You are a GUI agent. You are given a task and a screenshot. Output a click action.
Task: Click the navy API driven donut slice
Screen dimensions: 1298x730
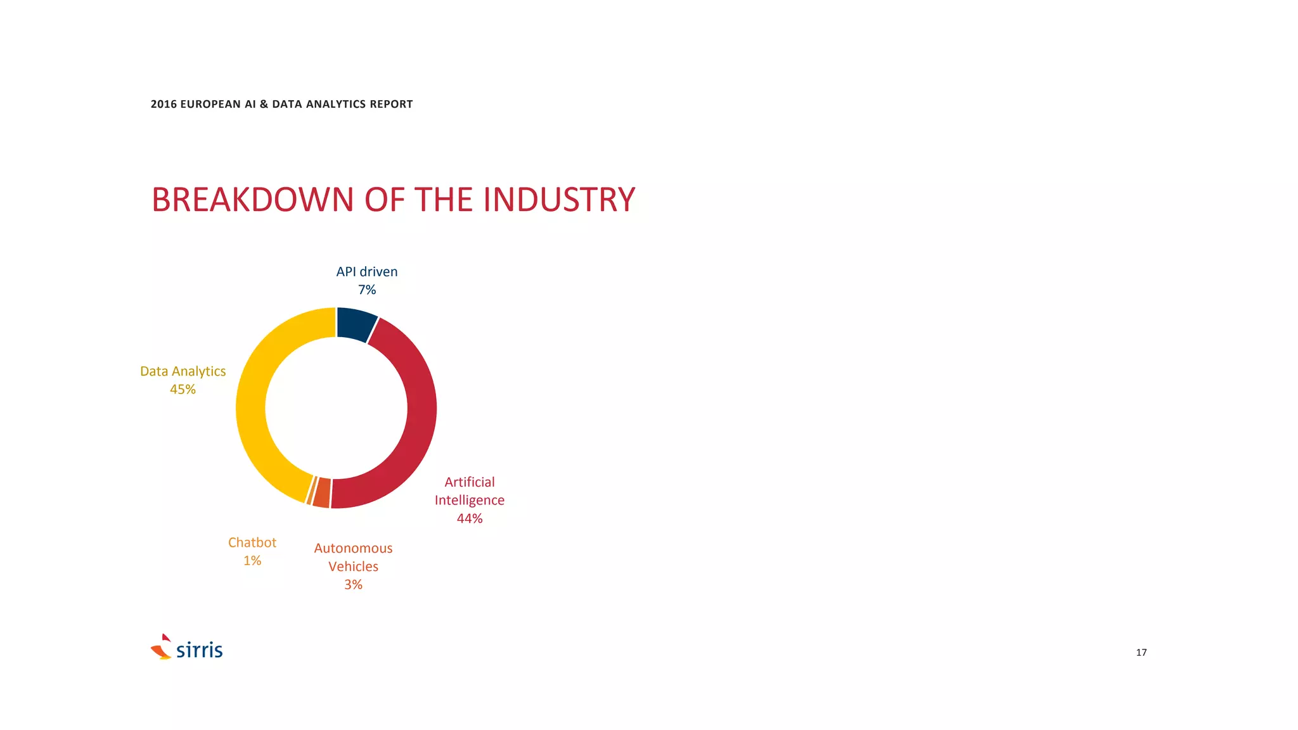(355, 324)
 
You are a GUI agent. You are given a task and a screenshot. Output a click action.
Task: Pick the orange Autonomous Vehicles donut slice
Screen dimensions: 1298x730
(321, 493)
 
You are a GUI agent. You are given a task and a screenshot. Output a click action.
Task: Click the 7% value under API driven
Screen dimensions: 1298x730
(367, 290)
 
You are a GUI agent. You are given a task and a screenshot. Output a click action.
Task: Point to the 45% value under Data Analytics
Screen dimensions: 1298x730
(183, 390)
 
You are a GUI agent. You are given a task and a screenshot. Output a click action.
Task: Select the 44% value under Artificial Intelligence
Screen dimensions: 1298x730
(470, 518)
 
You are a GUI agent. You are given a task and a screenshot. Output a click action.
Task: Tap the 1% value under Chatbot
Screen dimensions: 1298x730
(252, 561)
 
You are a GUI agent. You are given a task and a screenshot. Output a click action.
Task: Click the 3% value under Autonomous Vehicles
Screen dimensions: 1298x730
(353, 585)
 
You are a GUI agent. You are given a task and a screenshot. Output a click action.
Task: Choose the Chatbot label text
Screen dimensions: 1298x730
(252, 542)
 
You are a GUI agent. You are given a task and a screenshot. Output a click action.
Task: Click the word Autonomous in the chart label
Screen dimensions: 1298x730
(353, 548)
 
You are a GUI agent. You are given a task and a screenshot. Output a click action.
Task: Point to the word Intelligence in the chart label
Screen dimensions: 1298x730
(470, 501)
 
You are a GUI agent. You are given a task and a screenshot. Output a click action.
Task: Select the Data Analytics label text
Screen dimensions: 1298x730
(183, 371)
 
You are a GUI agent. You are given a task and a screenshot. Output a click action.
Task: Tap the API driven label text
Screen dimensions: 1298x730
(367, 272)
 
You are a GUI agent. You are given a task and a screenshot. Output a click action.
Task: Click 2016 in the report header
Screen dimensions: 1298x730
(164, 104)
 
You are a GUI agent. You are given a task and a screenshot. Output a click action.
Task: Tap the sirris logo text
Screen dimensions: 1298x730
(200, 650)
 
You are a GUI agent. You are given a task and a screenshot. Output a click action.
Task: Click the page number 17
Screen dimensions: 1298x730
(1141, 653)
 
